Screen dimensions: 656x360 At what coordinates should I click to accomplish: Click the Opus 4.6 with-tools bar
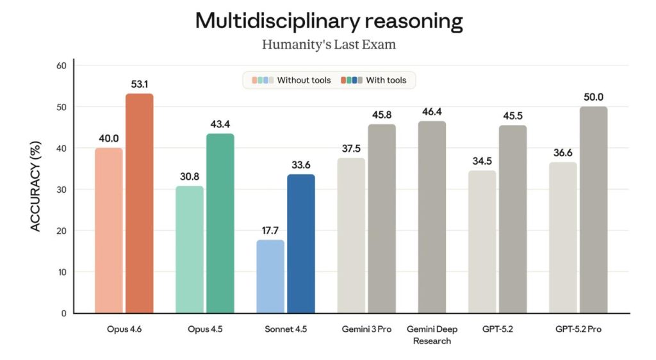click(x=139, y=203)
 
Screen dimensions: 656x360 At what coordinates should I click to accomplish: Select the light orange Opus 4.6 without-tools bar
click(x=109, y=231)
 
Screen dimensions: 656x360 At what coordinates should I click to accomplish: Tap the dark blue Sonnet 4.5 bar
click(x=301, y=244)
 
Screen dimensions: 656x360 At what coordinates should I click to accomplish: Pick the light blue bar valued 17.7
click(x=270, y=276)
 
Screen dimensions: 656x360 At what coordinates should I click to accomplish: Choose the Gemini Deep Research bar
click(x=432, y=217)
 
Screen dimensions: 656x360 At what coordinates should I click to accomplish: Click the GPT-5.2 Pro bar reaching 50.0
click(x=593, y=210)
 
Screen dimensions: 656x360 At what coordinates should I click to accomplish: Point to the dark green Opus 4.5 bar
click(x=220, y=224)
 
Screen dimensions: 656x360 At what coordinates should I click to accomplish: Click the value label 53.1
click(x=139, y=84)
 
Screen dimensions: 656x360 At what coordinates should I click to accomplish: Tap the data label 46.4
click(x=432, y=111)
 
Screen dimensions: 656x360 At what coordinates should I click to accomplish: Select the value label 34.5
click(x=482, y=161)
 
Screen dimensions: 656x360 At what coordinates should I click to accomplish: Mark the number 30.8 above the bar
click(x=190, y=176)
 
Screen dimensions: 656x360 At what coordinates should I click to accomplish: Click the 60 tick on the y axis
click(x=61, y=65)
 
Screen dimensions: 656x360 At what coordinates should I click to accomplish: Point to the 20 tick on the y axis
click(x=61, y=231)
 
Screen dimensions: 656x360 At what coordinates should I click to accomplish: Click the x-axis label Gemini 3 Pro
click(x=366, y=329)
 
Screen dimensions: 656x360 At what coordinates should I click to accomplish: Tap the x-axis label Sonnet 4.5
click(x=286, y=329)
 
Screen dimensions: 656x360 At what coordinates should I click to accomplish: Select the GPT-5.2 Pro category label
click(x=578, y=329)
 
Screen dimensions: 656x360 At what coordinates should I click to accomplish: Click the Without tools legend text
click(x=304, y=80)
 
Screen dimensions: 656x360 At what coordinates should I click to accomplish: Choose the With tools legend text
click(x=386, y=80)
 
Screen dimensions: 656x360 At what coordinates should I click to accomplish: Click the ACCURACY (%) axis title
click(x=36, y=186)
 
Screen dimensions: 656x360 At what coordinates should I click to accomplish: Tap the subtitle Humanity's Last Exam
click(x=329, y=44)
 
